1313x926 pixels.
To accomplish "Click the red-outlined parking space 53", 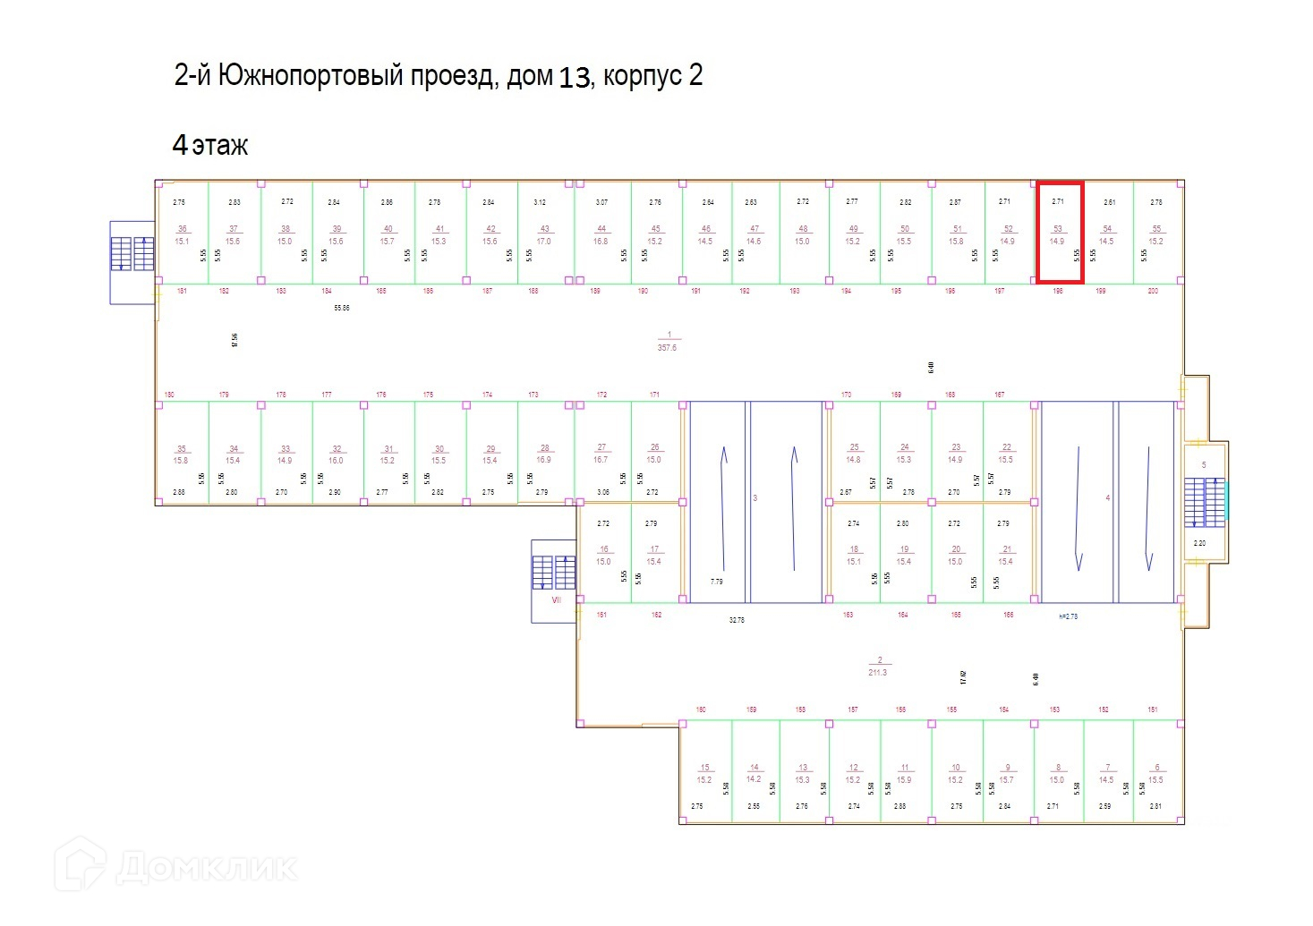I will point(1059,233).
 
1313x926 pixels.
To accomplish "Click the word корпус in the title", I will point(642,76).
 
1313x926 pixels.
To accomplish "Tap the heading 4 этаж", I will point(210,145).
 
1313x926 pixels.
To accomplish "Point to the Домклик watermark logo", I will point(176,865).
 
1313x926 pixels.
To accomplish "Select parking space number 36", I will point(183,234).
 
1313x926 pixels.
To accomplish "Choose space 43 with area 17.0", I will point(544,234).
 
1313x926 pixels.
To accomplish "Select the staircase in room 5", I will point(1204,502).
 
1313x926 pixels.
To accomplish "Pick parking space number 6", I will point(1156,774).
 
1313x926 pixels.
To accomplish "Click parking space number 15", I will point(705,774).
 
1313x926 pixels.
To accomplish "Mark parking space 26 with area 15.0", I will point(654,454).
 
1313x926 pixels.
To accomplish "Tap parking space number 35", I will point(182,455).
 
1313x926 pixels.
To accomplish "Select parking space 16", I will point(604,556).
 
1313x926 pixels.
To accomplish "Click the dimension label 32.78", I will point(737,619).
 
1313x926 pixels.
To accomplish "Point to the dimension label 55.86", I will point(342,308).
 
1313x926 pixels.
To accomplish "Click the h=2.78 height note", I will point(1068,616).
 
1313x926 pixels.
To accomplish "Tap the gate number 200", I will point(1153,291).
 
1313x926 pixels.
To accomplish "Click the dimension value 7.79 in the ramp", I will point(716,582).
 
